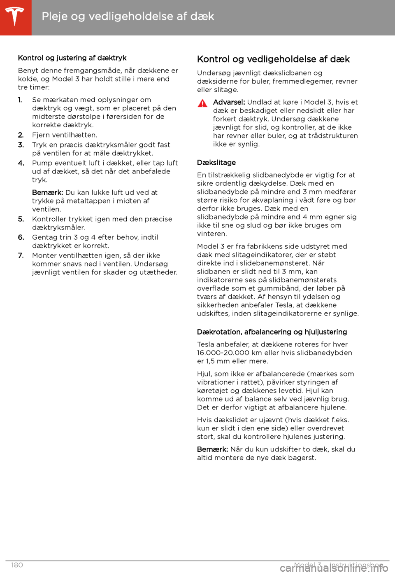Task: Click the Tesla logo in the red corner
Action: coord(15,17)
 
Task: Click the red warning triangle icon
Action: coord(202,103)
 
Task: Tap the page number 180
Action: coord(17,565)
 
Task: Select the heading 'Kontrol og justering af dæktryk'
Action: coord(72,58)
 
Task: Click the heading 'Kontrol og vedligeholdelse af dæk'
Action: coord(273,59)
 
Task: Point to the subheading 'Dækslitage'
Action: coord(216,163)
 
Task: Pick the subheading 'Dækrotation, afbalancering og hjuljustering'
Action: coord(272,332)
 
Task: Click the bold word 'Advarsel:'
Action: coord(229,102)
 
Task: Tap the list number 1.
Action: coord(20,100)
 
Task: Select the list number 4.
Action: coord(21,163)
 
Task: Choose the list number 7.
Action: coord(21,256)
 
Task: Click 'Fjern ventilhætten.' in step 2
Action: coord(65,135)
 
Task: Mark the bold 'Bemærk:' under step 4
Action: coord(47,192)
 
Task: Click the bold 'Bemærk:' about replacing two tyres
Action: coord(212,449)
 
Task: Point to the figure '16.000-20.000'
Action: coord(223,353)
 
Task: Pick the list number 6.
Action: coord(21,238)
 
